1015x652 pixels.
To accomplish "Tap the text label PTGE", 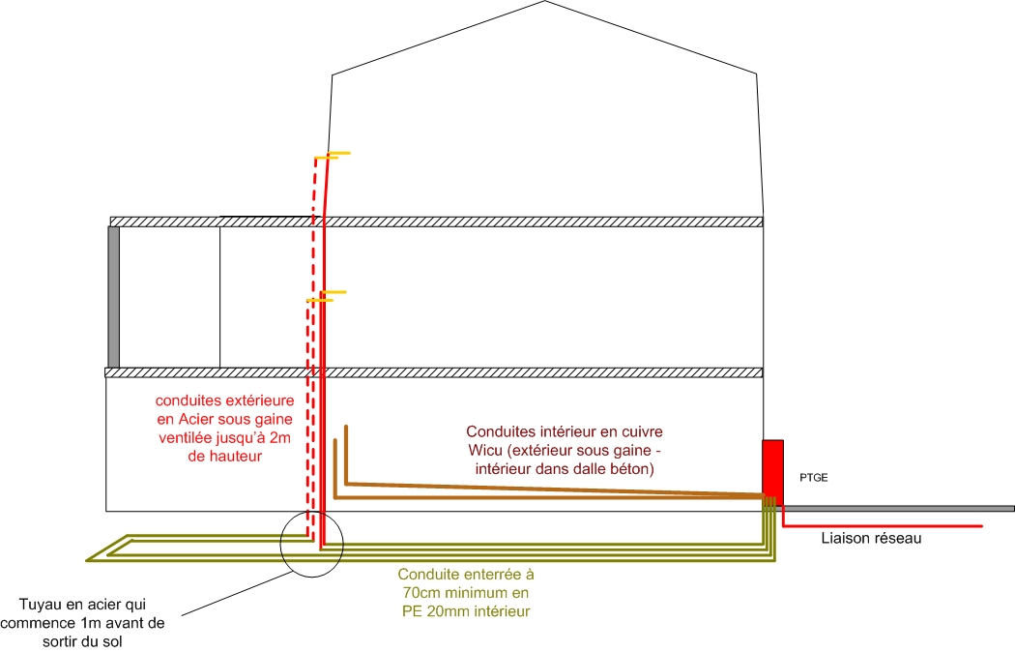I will click(813, 477).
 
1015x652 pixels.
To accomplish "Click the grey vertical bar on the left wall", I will click(113, 296).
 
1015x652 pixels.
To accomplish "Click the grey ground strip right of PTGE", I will click(899, 508).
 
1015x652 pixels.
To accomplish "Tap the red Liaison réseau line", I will click(880, 525).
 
